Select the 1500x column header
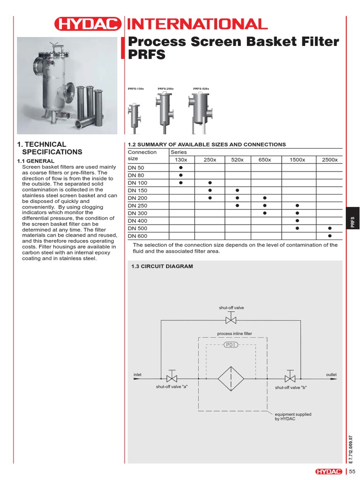[297, 160]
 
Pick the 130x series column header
[180, 160]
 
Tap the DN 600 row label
[137, 236]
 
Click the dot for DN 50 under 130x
[180, 167]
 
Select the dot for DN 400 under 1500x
[297, 221]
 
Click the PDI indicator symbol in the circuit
[231, 345]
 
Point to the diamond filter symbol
[231, 379]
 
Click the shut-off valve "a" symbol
[172, 378]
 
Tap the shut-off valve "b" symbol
[291, 378]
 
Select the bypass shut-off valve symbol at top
[231, 320]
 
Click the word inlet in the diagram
[137, 375]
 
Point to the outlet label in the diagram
[331, 375]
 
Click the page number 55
[352, 471]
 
